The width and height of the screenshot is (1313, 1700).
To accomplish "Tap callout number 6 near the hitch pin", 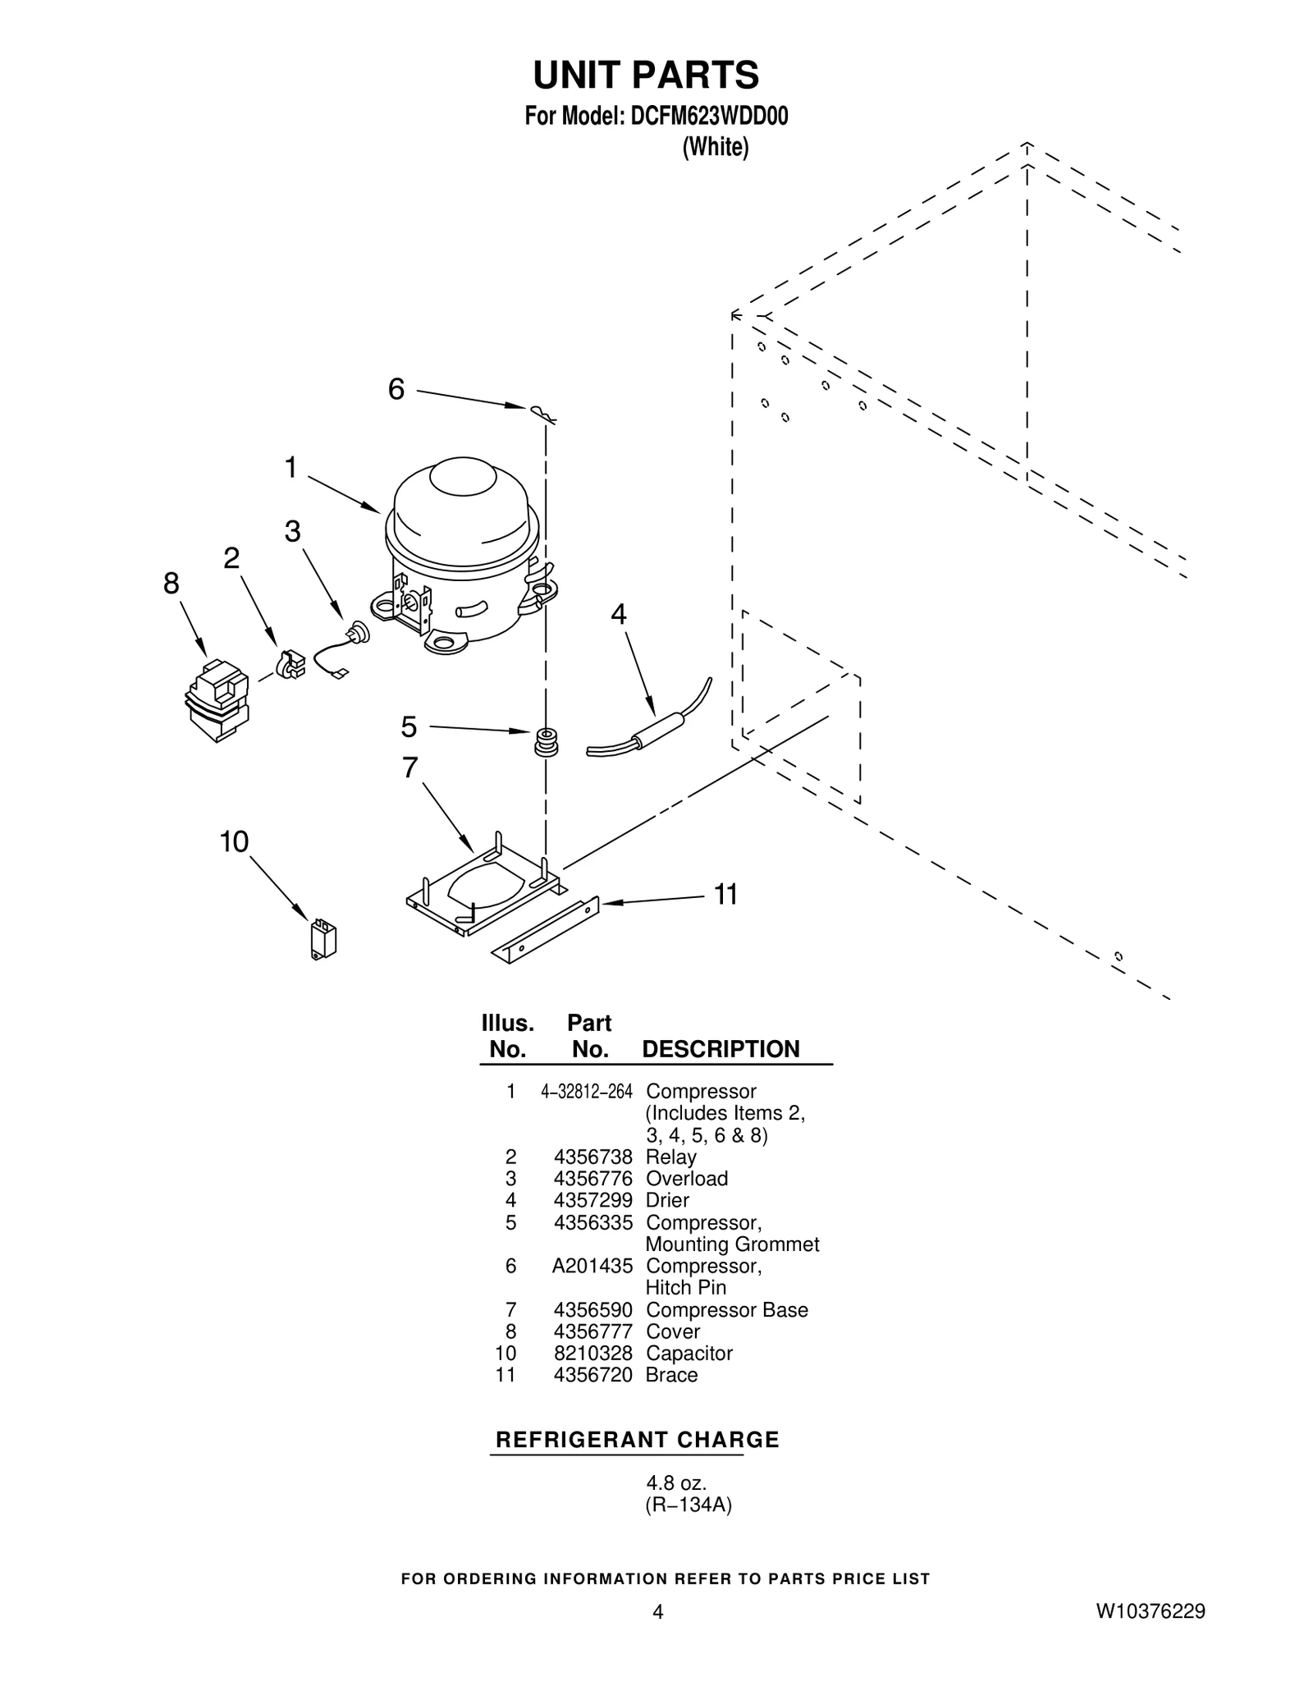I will click(396, 389).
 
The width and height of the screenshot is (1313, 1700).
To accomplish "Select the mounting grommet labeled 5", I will click(546, 741).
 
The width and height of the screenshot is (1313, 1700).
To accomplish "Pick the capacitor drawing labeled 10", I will click(323, 942).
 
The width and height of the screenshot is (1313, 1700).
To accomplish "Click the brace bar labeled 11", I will click(545, 930).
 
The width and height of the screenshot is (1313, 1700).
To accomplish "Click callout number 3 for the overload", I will click(292, 532).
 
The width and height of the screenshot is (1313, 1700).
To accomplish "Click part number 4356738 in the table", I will click(592, 1157).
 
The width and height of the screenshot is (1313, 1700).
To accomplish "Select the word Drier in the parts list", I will click(667, 1200).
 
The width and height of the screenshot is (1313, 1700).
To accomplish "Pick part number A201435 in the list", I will click(592, 1266).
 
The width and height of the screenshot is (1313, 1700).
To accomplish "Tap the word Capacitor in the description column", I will click(689, 1353).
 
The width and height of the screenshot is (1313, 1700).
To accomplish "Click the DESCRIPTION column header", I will click(721, 1049).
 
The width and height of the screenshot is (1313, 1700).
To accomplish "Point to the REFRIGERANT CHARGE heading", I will click(638, 1440).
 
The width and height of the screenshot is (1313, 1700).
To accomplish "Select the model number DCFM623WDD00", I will click(708, 117).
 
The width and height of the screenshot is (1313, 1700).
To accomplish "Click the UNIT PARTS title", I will click(646, 76).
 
